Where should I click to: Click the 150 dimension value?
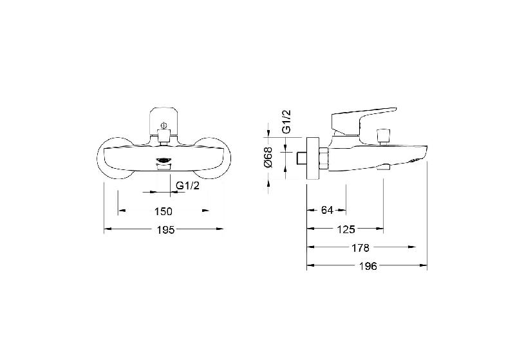164,211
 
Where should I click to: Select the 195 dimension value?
166,230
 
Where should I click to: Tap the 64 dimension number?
327,210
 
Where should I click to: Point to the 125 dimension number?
346,229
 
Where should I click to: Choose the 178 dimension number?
360,248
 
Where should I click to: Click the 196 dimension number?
368,266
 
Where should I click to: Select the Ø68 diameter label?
268,157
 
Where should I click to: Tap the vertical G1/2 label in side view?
286,122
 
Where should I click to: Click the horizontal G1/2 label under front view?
187,185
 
